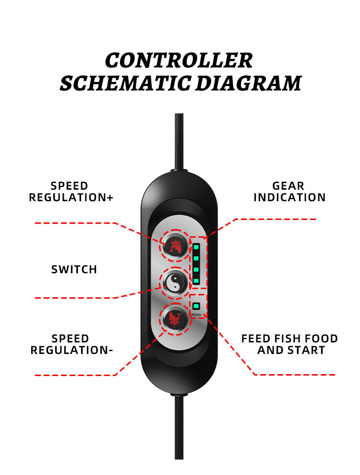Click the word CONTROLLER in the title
click(179, 61)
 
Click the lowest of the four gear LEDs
click(196, 280)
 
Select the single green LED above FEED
click(196, 305)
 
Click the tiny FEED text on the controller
click(196, 315)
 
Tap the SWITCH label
click(74, 270)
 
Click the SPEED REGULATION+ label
click(71, 192)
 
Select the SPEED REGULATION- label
click(71, 345)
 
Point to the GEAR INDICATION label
click(289, 192)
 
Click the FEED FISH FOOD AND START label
click(289, 345)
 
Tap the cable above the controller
click(179, 139)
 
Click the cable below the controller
click(179, 427)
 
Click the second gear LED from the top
click(196, 258)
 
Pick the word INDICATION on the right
click(289, 198)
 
